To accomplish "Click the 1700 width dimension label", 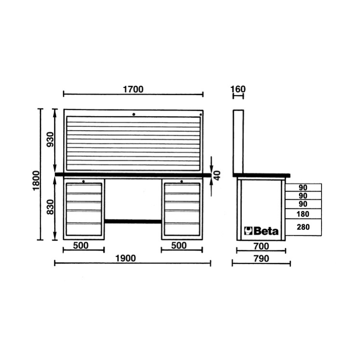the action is (x=133, y=89).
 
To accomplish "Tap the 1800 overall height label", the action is (x=36, y=180).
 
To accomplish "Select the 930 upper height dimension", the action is (x=50, y=140).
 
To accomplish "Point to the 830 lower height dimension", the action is (x=50, y=207).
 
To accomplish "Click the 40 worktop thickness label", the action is (x=217, y=175).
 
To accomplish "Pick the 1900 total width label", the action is (x=126, y=259).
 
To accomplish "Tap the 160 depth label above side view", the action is (x=238, y=89).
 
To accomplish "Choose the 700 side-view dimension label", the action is (x=261, y=246).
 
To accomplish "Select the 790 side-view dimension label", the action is (x=261, y=259).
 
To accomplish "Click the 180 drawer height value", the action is (x=303, y=214).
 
